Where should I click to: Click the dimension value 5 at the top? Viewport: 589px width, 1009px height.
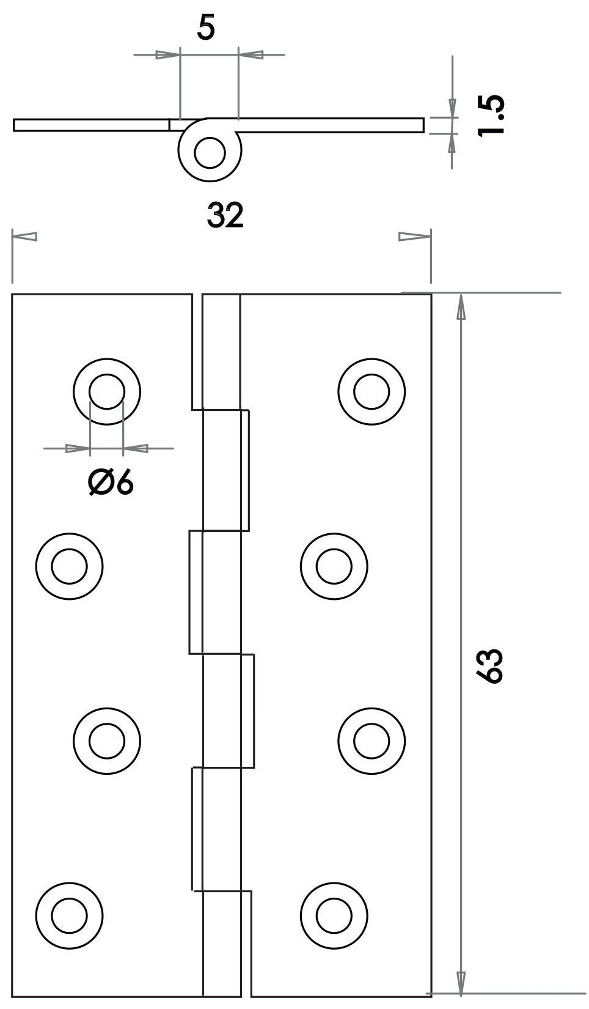tap(206, 29)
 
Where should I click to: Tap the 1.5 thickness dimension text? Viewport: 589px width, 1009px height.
tap(491, 115)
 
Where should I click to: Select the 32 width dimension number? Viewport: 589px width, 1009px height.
tap(225, 215)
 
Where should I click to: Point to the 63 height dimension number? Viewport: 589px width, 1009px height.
tap(489, 666)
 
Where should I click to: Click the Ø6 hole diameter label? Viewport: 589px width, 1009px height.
tap(111, 483)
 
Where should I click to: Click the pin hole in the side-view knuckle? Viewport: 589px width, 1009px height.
tap(210, 153)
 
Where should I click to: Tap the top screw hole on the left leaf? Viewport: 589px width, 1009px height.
tap(107, 391)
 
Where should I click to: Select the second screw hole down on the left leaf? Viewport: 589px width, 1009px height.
tap(69, 566)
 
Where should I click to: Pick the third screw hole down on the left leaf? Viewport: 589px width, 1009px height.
tap(107, 741)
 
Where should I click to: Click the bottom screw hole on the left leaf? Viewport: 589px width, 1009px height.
tap(69, 916)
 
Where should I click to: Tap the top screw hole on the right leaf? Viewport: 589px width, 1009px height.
tap(371, 391)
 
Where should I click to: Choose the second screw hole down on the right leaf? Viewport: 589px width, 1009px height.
tap(334, 566)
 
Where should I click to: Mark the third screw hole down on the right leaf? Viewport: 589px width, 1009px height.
tap(371, 741)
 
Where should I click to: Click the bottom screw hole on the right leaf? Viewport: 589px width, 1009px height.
tap(334, 916)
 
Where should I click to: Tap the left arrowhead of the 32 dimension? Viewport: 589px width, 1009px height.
tap(24, 237)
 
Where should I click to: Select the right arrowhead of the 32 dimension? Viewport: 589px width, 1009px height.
tap(415, 237)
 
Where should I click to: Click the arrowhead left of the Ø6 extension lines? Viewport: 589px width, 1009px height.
tap(78, 448)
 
